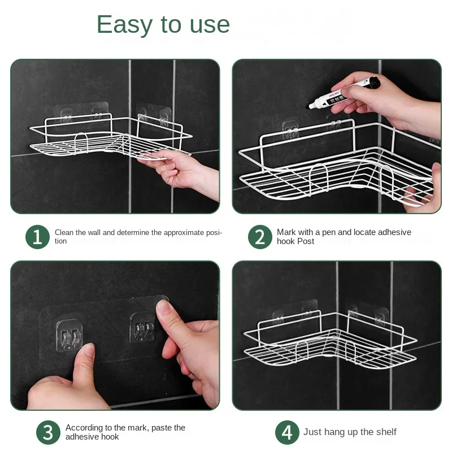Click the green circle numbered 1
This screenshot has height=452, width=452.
click(x=37, y=237)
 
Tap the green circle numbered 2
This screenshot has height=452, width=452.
click(x=260, y=237)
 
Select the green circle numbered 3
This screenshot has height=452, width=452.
click(x=48, y=432)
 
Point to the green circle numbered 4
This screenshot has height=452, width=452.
click(x=287, y=432)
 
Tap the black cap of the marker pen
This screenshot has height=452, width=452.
click(x=373, y=82)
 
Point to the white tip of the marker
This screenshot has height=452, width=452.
click(x=311, y=106)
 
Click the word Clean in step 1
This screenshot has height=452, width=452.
click(x=64, y=232)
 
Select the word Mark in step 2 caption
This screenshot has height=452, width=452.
click(x=286, y=232)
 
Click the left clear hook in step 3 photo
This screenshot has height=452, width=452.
click(x=69, y=336)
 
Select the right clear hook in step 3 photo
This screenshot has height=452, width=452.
click(x=142, y=328)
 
